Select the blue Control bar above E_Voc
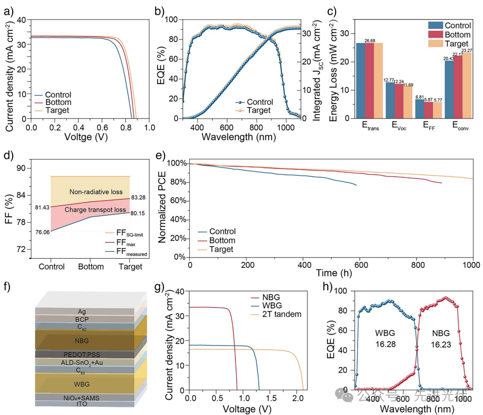(x=390, y=100)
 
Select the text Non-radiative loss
(x=96, y=192)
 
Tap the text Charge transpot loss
(x=96, y=210)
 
